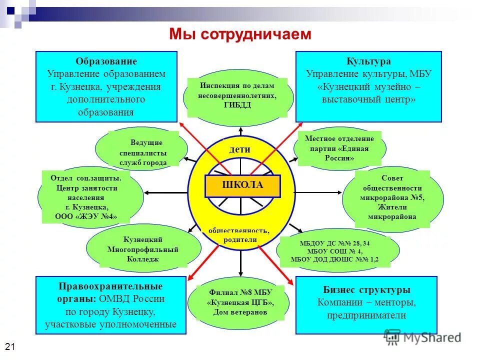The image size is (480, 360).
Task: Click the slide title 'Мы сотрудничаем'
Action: click(x=240, y=34)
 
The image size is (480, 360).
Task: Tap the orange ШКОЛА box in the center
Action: click(x=242, y=185)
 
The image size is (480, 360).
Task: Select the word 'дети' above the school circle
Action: click(x=239, y=149)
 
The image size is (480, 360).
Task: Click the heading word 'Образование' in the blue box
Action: click(x=106, y=61)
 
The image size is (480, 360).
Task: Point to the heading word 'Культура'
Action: click(x=368, y=61)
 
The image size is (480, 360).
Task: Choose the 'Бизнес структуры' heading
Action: click(x=366, y=290)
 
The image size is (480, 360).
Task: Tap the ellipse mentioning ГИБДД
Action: click(x=237, y=95)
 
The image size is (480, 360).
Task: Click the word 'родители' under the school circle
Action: click(x=240, y=239)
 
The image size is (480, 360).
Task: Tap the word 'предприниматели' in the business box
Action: click(x=366, y=315)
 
